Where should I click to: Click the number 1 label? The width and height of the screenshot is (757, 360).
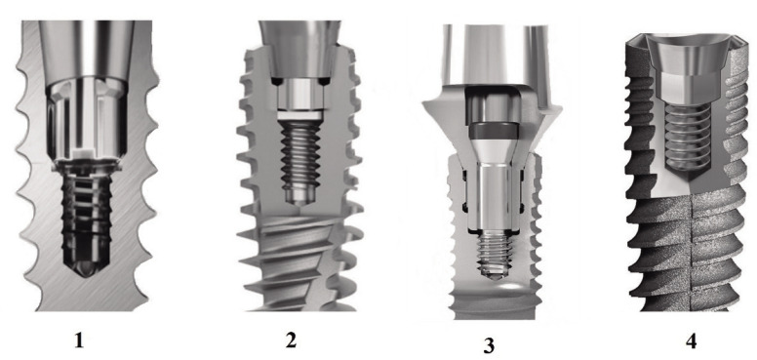click(x=79, y=341)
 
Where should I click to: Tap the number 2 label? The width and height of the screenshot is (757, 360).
click(x=291, y=340)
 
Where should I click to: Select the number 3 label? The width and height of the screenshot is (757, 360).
click(x=489, y=345)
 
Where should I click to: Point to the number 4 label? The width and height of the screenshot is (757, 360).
click(x=691, y=341)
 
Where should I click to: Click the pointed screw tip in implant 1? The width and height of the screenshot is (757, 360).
click(x=86, y=268)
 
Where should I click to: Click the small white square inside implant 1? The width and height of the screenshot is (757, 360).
click(x=85, y=153)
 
